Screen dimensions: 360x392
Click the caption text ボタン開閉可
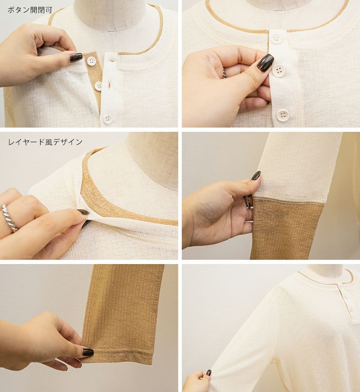pyautogui.click(x=30, y=10)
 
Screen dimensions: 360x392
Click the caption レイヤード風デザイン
pyautogui.click(x=45, y=142)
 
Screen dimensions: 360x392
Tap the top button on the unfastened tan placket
pyautogui.click(x=91, y=61)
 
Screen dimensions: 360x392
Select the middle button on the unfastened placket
pyautogui.click(x=98, y=86)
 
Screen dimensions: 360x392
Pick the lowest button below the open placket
pyautogui.click(x=108, y=119)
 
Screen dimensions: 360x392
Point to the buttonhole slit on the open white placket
pyautogui.click(x=109, y=86)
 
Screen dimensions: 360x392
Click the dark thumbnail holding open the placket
pyautogui.click(x=76, y=58)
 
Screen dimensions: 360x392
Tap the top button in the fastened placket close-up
pyautogui.click(x=276, y=39)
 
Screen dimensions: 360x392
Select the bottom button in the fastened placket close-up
pyautogui.click(x=283, y=115)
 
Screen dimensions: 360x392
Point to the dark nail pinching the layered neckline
pyautogui.click(x=83, y=212)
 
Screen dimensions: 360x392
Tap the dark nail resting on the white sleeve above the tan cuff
pyautogui.click(x=256, y=176)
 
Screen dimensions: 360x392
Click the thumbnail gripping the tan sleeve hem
pyautogui.click(x=88, y=352)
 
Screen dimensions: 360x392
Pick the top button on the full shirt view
pyautogui.click(x=340, y=286)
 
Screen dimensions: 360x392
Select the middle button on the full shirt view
pyautogui.click(x=345, y=297)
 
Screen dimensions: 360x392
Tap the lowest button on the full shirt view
pyautogui.click(x=351, y=309)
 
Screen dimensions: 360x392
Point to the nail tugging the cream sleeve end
pyautogui.click(x=209, y=373)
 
